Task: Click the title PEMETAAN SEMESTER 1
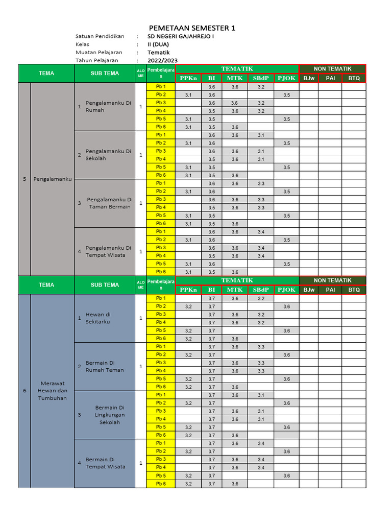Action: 192,28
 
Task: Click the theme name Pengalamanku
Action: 53,179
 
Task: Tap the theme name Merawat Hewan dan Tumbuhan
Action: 53,391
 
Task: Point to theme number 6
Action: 24,391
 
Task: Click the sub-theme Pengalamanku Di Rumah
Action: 108,106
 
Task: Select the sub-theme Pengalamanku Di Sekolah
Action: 108,155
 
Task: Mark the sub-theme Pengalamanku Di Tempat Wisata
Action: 108,251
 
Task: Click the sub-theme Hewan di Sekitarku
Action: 98,318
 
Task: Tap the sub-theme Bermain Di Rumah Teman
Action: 105,366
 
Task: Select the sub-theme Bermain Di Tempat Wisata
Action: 105,463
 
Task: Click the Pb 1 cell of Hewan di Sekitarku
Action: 161,298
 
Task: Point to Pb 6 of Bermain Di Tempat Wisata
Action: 161,484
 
